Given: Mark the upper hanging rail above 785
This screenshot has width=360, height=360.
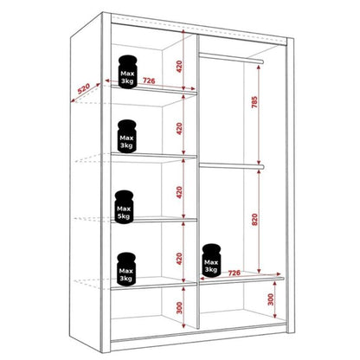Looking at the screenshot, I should (x=229, y=57).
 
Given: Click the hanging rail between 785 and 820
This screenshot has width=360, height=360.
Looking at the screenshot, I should (x=229, y=164).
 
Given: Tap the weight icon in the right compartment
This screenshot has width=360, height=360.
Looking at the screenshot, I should (x=210, y=260).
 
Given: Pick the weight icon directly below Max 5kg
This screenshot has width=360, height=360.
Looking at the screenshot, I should (x=126, y=267).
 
